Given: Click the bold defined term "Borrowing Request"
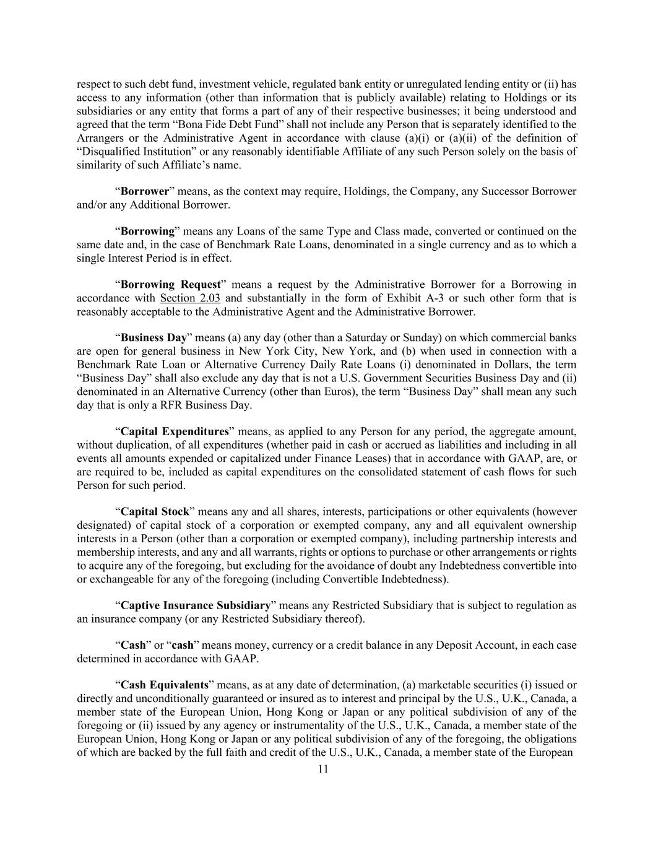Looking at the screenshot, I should (170, 285).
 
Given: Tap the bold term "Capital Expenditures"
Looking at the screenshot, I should (175, 431).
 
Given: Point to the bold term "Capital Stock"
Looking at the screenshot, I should (155, 512).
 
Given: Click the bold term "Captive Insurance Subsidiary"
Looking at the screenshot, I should (196, 605).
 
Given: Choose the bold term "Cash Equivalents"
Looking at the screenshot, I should (164, 685).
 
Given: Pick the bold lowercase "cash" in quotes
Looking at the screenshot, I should (183, 645).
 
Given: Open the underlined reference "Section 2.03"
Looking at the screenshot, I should (190, 298).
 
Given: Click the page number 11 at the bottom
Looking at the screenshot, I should (323, 769).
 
